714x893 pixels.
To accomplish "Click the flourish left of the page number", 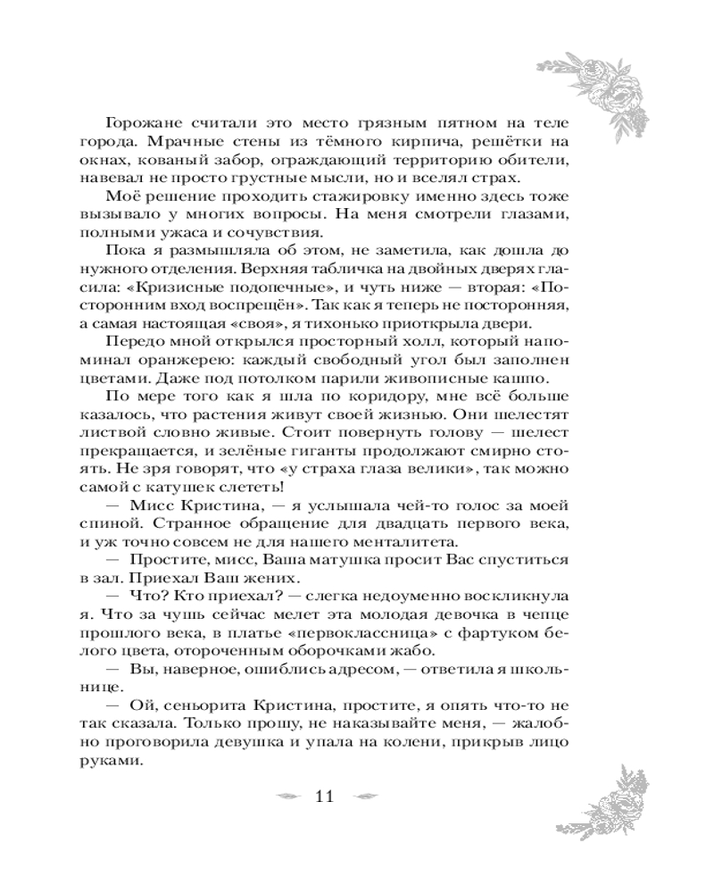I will pos(286,797).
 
